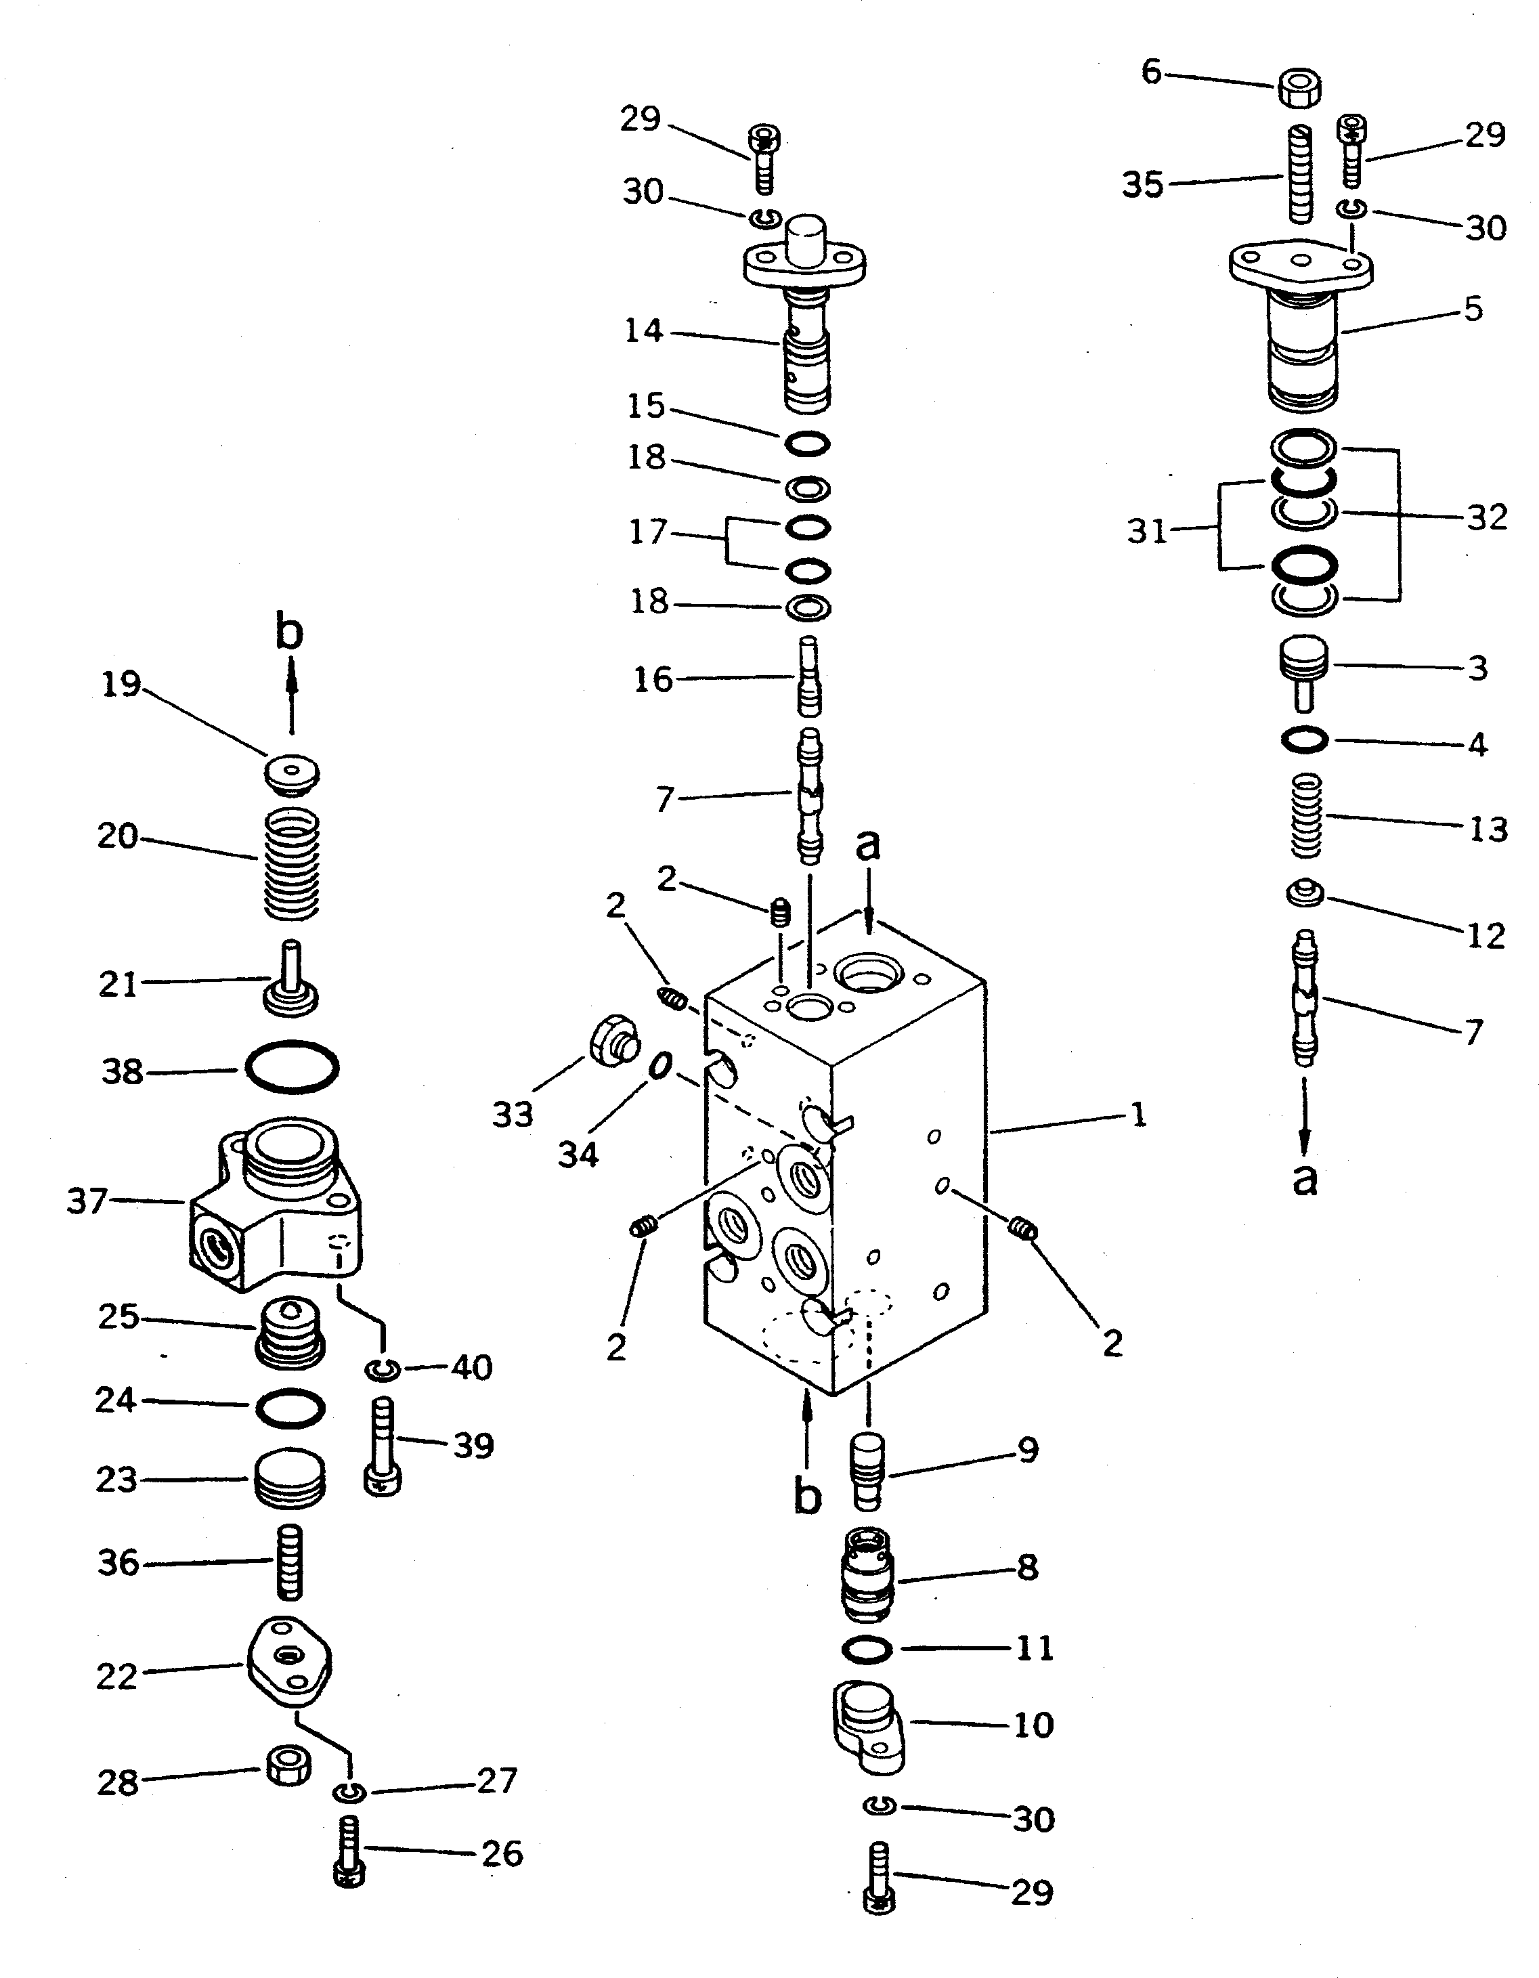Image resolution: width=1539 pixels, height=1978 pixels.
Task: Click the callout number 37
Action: click(87, 1202)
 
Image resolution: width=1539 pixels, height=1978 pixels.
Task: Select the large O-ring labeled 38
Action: click(292, 1068)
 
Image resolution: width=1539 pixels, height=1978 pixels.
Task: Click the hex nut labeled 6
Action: click(1299, 88)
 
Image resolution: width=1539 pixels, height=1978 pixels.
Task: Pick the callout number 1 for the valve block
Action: click(1140, 1115)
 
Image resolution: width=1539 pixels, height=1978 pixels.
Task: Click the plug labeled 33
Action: click(613, 1039)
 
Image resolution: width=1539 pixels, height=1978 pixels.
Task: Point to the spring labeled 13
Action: click(1305, 815)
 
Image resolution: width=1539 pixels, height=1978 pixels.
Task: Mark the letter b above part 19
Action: click(289, 633)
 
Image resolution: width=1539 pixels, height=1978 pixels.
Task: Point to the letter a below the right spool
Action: click(1304, 1179)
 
